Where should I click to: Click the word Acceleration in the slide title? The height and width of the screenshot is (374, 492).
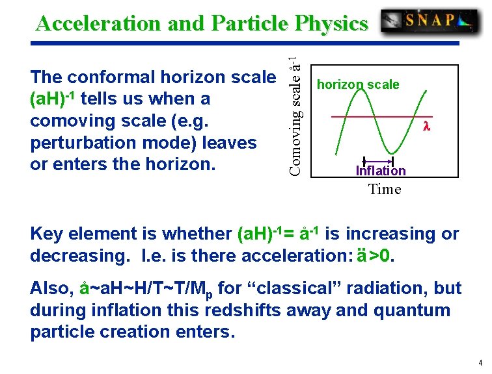click(x=98, y=23)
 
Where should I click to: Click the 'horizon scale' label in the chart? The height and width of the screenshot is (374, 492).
click(x=357, y=84)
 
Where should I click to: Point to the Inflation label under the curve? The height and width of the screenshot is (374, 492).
click(x=381, y=171)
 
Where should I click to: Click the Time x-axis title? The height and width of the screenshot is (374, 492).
click(x=385, y=189)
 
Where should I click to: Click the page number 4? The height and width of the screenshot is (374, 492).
click(x=480, y=362)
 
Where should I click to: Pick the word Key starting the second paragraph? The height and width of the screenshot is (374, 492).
click(x=47, y=234)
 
